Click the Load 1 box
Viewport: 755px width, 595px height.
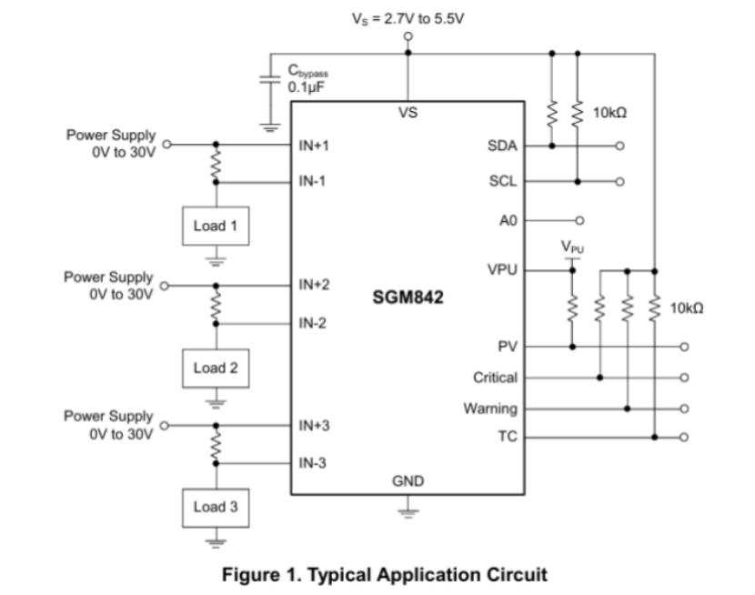216,226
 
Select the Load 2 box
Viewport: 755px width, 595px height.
216,368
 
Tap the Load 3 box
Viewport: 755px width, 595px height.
216,508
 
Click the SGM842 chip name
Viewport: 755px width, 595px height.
408,297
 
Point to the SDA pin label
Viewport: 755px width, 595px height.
502,146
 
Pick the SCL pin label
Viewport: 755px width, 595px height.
503,181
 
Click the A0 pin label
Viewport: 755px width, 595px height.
508,220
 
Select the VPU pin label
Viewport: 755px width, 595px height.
502,269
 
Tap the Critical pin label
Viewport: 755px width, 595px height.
495,378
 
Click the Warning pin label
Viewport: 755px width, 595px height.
490,408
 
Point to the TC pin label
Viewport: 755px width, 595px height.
508,437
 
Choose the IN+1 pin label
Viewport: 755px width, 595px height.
314,146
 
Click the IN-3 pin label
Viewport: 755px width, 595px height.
313,463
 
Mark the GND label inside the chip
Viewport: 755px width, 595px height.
408,481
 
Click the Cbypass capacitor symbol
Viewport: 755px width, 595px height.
270,79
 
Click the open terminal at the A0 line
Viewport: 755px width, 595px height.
580,220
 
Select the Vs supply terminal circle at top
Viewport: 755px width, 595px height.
408,36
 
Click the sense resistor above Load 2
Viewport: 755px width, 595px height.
216,305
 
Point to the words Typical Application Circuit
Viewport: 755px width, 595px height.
428,575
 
